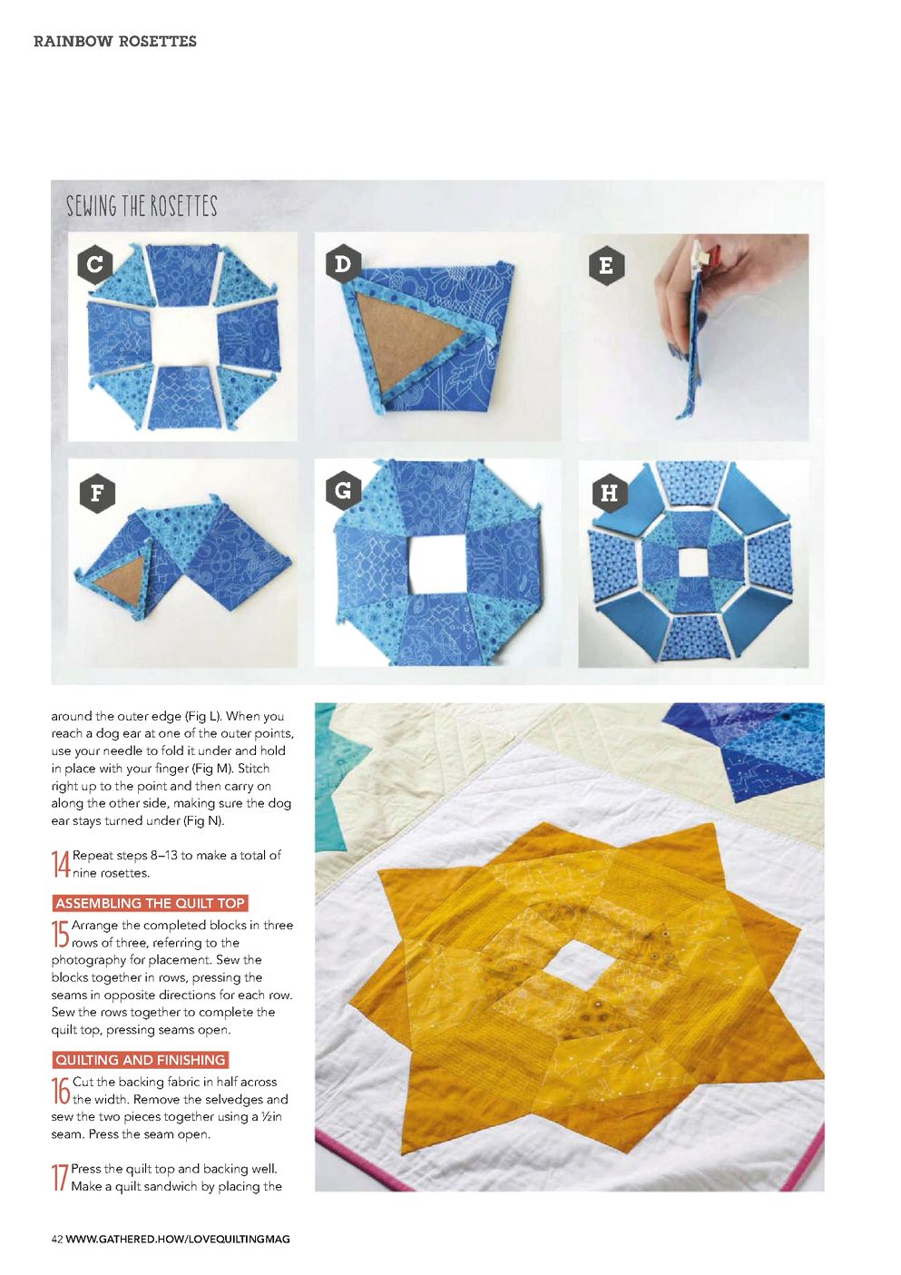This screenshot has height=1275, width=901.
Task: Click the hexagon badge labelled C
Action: pos(95,265)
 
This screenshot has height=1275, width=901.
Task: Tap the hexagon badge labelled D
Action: pos(343,264)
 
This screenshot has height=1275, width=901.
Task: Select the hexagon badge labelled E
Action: pos(607,265)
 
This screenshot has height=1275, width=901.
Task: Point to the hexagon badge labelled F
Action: pos(97,493)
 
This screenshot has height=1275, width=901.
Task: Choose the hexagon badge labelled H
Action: pos(610,493)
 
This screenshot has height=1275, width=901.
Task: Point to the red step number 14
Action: pos(60,864)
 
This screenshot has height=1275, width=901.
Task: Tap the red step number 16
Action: pos(60,1091)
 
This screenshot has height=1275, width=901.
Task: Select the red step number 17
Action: pos(60,1178)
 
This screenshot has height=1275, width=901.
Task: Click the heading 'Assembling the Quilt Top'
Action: pos(151,903)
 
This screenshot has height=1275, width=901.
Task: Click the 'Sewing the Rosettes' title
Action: pos(142,206)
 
